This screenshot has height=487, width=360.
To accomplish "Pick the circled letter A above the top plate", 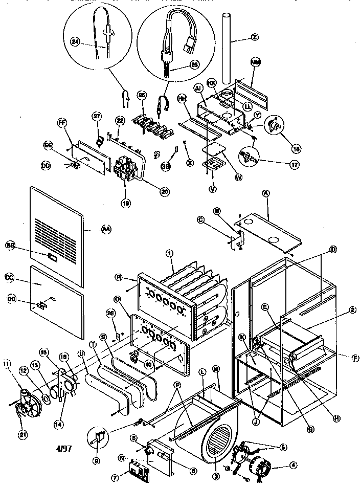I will point(265,193).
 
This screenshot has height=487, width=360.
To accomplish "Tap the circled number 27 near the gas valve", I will point(95,116).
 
